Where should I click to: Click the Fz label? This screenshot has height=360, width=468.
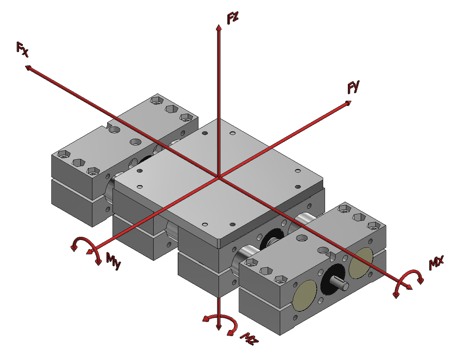(233, 18)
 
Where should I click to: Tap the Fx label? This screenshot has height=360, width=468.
(22, 49)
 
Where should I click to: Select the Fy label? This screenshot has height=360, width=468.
(354, 87)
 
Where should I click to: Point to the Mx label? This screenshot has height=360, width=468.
(436, 263)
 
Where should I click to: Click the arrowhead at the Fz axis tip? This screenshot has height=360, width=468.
(219, 27)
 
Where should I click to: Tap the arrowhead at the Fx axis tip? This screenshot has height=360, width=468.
(28, 68)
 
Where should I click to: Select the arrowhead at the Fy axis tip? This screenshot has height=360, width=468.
(348, 103)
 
